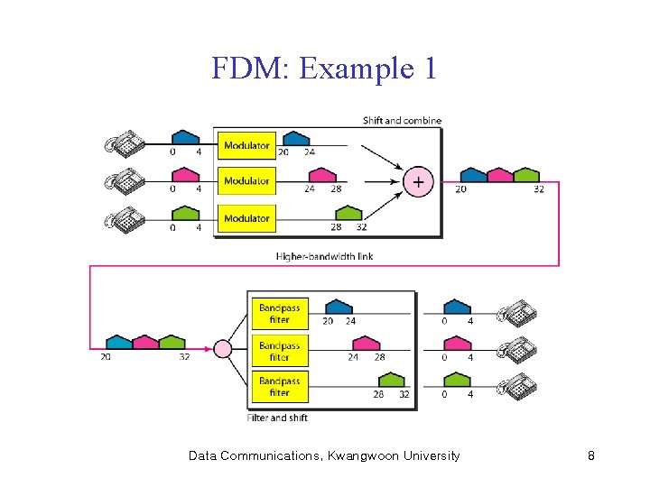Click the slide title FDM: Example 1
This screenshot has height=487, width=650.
[x=324, y=68]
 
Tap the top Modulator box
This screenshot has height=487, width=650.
[x=246, y=145]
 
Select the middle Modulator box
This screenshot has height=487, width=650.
[x=246, y=181]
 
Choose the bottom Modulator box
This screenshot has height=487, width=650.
[x=246, y=218]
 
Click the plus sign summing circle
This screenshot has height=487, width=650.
[x=417, y=181]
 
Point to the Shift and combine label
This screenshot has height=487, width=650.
[x=402, y=121]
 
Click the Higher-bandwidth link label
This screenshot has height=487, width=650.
[x=324, y=256]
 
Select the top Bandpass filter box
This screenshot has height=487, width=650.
[x=280, y=313]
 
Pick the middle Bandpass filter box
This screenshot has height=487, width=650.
[x=280, y=351]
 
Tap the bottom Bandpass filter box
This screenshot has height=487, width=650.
[x=280, y=387]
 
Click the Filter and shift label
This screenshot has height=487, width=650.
[x=277, y=418]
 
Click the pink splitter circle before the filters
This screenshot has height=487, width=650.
[x=222, y=349]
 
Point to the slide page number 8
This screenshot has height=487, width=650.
[x=590, y=456]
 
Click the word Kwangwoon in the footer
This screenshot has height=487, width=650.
[x=369, y=456]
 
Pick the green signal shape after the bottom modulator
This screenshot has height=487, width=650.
[x=348, y=213]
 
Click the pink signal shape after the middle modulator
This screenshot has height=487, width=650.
[x=322, y=177]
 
